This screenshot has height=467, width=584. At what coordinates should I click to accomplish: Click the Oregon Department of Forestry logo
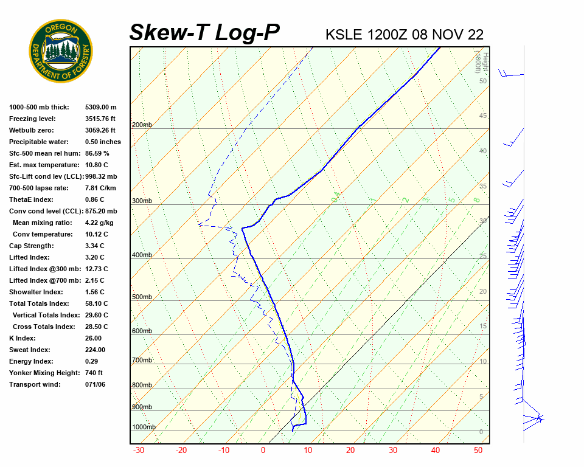coord(61,50)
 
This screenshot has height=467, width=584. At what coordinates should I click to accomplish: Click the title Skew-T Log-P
coord(204,32)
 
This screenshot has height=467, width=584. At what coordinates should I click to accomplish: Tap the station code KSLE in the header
coord(344,35)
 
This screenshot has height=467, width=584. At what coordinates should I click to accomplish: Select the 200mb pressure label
coord(142,125)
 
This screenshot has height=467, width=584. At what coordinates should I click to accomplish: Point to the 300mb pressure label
coord(142,201)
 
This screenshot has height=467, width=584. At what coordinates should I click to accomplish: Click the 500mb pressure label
coord(142,297)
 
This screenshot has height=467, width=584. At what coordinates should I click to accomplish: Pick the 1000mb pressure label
coord(144,427)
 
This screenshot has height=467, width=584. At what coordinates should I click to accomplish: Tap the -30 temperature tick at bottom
coord(139,451)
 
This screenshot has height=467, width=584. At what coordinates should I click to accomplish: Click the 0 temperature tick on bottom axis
coord(263,451)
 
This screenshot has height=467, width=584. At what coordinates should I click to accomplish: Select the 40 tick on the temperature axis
coord(435,451)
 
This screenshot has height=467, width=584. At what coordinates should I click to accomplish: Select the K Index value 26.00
coord(93,338)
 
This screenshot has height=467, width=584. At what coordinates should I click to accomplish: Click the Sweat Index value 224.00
coord(95,350)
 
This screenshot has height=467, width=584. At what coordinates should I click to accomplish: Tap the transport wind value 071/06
coord(95,384)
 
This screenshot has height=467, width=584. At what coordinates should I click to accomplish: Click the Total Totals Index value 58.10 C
coord(96,303)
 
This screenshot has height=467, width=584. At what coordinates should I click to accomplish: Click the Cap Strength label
coord(31,246)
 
